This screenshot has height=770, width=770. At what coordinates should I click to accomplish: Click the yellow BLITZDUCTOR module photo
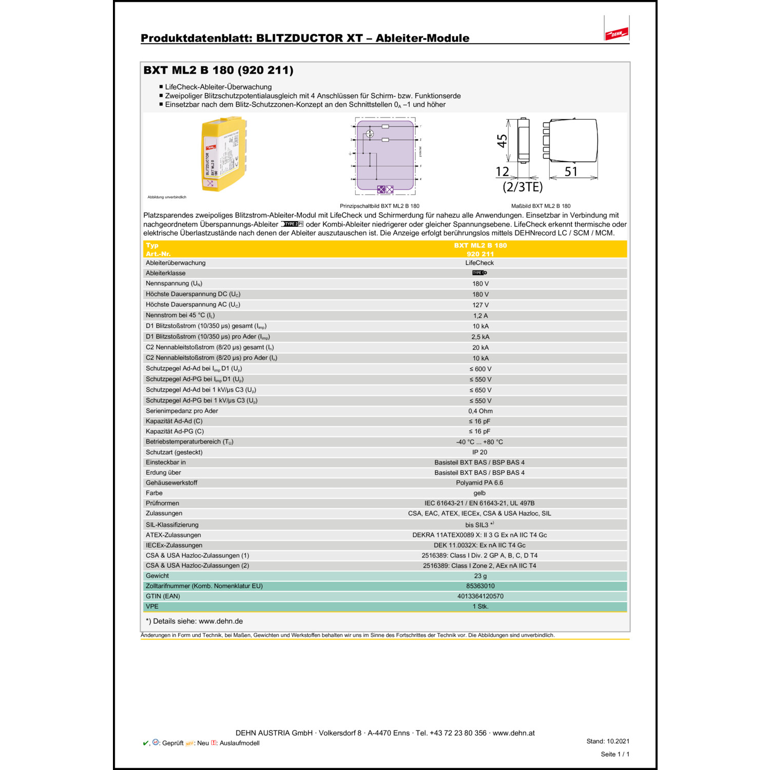tap(224, 154)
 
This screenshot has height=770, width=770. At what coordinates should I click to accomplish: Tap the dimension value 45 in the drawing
tap(502, 141)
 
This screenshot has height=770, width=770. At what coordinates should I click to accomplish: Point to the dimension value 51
tap(571, 171)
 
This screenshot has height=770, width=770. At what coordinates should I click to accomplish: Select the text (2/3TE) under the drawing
tap(522, 187)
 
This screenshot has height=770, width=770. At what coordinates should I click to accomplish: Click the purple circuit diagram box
tap(385, 157)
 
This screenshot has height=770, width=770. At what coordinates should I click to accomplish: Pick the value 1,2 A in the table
tap(480, 316)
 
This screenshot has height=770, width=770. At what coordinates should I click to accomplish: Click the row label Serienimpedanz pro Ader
tap(182, 411)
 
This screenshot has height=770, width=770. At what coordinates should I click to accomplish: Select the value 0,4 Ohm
tap(480, 411)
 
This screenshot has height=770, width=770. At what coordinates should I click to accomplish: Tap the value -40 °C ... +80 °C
tap(479, 442)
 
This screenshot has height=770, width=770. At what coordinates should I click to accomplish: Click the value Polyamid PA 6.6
tap(479, 483)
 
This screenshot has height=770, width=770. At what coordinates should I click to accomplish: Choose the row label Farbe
tap(154, 493)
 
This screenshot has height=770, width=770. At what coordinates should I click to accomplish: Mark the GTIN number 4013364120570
tap(480, 596)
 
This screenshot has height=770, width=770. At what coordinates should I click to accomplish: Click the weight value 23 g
tap(480, 576)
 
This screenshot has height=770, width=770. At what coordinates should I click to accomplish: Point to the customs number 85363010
tap(480, 586)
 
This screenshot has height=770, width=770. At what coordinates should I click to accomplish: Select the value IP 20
tap(479, 452)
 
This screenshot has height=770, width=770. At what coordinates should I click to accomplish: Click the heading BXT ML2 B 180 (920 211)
tap(218, 70)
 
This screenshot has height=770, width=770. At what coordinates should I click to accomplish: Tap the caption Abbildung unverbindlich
tap(167, 197)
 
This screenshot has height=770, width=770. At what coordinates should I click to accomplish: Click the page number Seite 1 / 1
tap(614, 754)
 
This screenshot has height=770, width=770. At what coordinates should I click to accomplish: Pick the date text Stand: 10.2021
tap(607, 741)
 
